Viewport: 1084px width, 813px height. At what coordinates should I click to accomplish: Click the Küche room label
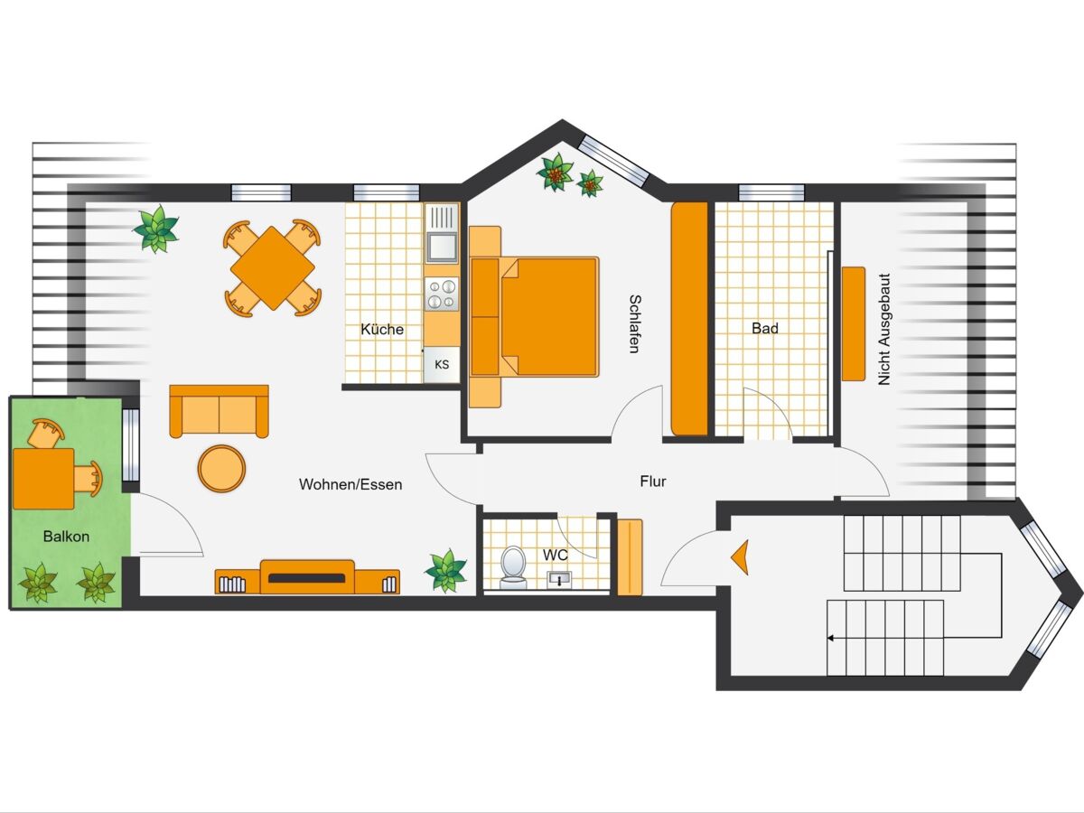pos(382,329)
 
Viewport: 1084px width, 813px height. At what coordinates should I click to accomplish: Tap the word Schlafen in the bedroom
pos(635,323)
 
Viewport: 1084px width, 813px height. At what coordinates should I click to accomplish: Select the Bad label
pos(765,328)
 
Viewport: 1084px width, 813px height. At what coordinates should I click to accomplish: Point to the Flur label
pos(653,481)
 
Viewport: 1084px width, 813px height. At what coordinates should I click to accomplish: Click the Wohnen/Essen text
pos(350,484)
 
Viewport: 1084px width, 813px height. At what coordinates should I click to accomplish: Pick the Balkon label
pos(66,537)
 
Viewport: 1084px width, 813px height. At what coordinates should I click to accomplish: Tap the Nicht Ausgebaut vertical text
pos(884,329)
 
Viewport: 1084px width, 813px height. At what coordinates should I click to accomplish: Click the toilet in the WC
pos(513,567)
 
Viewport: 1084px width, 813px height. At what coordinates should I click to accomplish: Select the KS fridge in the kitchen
pos(442,364)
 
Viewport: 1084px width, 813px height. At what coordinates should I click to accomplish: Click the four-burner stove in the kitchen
pos(442,294)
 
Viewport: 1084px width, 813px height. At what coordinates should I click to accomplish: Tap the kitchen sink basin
pos(442,247)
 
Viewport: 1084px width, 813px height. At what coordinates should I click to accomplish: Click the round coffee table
pos(221,469)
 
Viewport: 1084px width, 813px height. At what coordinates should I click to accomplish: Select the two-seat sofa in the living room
pos(220,411)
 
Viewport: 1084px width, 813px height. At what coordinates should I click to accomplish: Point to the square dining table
pos(273,268)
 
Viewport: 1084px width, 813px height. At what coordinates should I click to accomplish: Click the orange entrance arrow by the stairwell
pos(740,557)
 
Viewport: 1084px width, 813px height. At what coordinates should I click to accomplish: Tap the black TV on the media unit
pos(306,578)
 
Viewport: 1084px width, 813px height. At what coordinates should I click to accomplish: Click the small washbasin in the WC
pos(559,579)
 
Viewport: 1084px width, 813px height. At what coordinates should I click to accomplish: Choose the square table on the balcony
pos(43,479)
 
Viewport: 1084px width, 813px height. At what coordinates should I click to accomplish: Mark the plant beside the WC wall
pos(446,570)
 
